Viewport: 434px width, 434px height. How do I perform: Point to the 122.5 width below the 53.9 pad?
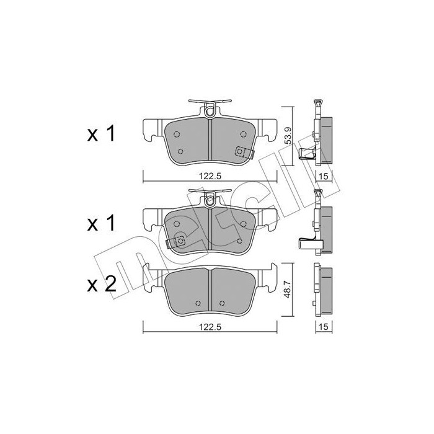click(210, 176)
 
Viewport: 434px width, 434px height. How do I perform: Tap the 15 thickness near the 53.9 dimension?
click(323, 177)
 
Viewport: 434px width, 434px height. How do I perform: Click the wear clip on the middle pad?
click(179, 242)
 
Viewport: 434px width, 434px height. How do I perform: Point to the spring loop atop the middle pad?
click(210, 199)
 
